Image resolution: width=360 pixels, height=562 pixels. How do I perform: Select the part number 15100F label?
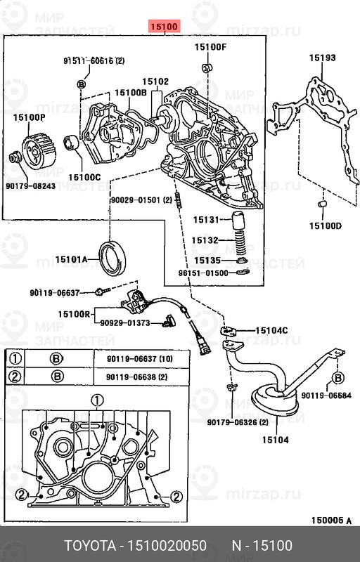click(211, 47)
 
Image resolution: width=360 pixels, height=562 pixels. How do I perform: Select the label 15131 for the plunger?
click(207, 220)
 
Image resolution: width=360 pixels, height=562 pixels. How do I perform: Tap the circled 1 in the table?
click(14, 360)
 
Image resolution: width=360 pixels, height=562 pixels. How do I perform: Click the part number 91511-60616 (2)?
click(94, 62)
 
